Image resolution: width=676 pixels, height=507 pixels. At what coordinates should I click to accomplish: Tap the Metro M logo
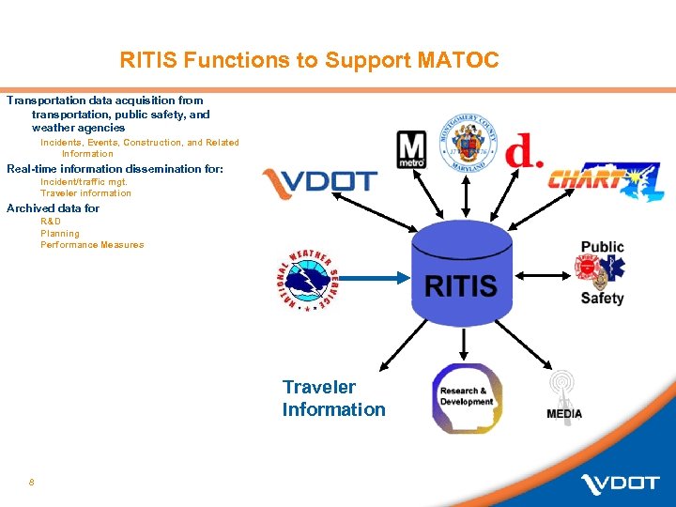(x=411, y=150)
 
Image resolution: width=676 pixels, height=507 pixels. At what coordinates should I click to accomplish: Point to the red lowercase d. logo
(x=524, y=151)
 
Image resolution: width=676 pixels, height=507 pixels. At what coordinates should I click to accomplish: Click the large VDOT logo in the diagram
(x=320, y=183)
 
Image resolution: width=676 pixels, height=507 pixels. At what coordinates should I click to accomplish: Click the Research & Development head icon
(x=467, y=398)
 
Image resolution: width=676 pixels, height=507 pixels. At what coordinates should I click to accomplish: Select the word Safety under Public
(x=602, y=299)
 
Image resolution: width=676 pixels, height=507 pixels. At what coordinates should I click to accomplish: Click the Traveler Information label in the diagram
(x=333, y=398)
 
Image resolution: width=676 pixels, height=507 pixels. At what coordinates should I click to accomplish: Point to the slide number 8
(x=31, y=483)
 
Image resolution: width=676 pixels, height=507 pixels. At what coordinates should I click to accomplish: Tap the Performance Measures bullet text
(x=92, y=245)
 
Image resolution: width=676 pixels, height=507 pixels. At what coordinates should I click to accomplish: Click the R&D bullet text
(x=51, y=222)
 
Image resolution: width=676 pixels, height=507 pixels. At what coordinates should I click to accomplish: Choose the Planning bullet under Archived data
(x=60, y=234)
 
